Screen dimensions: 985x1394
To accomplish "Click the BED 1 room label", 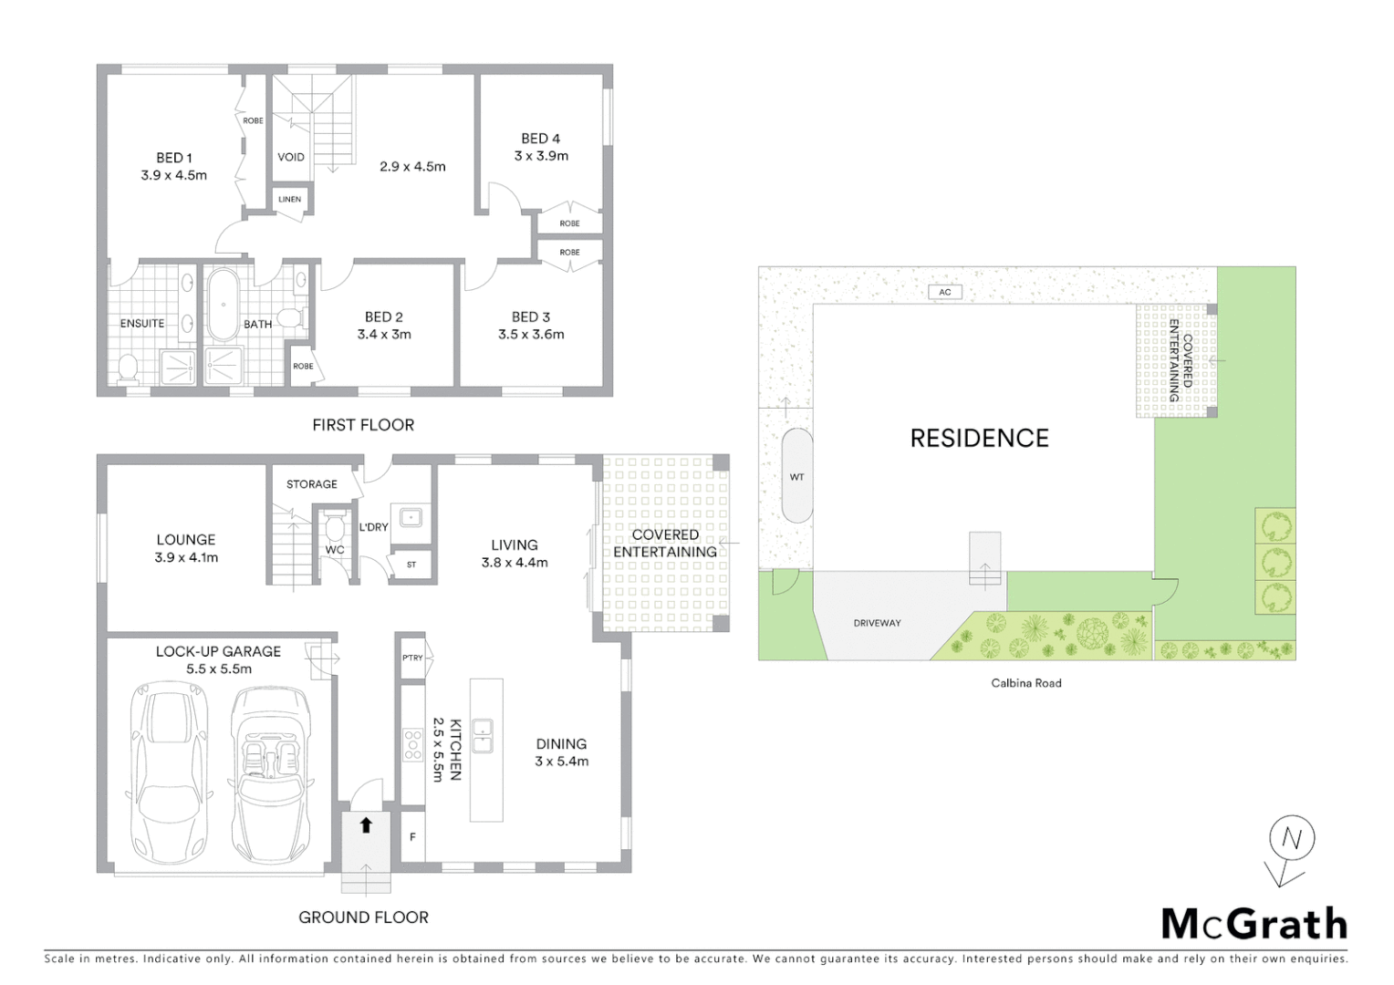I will point(174,158).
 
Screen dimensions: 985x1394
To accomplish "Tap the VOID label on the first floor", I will point(291,157).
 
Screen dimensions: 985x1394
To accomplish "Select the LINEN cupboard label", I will point(290,200).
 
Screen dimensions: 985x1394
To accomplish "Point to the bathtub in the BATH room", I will point(222,305).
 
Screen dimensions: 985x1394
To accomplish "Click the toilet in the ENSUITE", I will point(128,368).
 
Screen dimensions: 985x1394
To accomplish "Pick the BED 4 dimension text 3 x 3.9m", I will point(541,156).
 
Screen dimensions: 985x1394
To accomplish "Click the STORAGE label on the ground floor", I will point(312,484).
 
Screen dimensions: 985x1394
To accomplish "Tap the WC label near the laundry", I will point(335,550).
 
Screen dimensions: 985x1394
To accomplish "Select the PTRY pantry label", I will point(412,658).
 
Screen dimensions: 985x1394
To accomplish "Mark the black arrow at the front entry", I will point(366,825).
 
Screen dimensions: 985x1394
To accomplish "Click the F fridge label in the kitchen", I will point(413,836).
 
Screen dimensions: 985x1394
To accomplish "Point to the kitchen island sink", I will point(483,735).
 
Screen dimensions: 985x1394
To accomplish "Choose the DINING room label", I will point(561,744).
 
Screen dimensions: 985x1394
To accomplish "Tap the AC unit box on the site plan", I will point(945,292).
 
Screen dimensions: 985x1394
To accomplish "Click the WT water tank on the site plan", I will point(796,475).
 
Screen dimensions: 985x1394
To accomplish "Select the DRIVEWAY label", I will point(877,623).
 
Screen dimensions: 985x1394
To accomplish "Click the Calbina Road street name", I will point(1026,683).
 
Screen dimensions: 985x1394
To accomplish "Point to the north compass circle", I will point(1291,838).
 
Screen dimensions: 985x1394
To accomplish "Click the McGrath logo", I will point(1254,924).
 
